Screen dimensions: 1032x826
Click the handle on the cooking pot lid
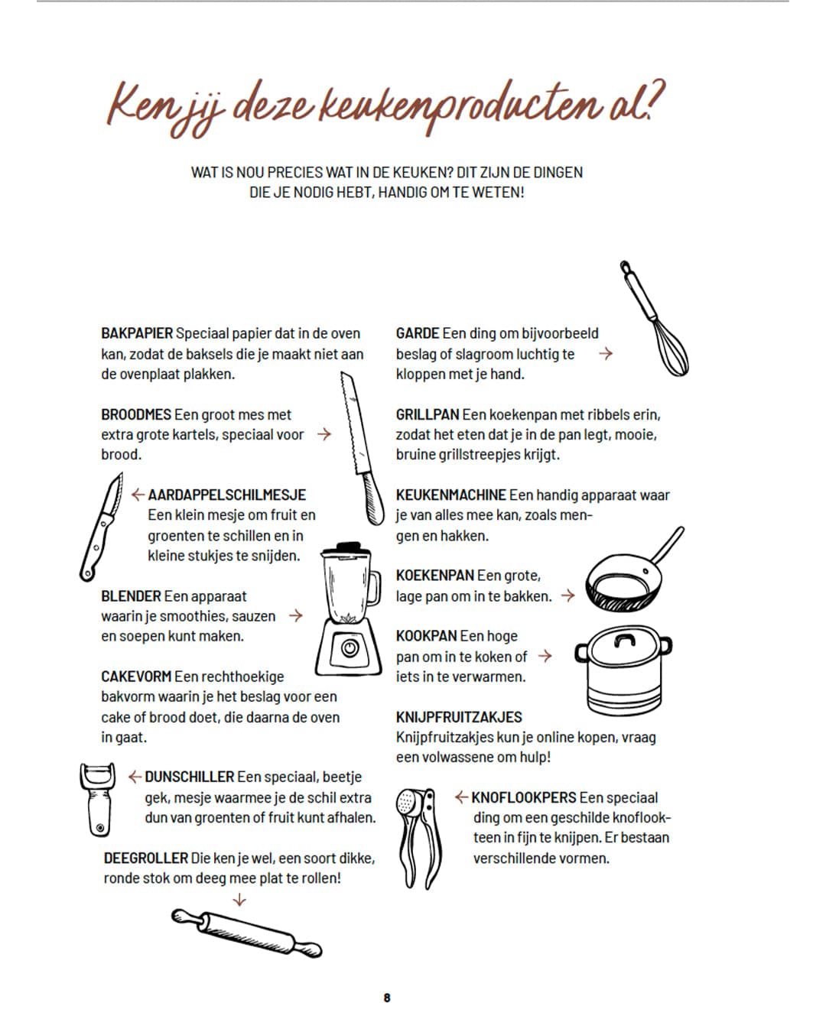pyautogui.click(x=625, y=641)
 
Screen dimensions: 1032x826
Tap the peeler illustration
pyautogui.click(x=98, y=799)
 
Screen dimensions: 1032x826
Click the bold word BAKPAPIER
pyautogui.click(x=137, y=333)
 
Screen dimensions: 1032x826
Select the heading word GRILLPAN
pyautogui.click(x=428, y=414)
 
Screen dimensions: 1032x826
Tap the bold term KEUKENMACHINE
pyautogui.click(x=450, y=495)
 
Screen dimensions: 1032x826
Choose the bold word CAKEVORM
pyautogui.click(x=136, y=677)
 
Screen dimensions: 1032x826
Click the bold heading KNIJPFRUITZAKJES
pyautogui.click(x=459, y=717)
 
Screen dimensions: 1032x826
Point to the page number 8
pyautogui.click(x=387, y=998)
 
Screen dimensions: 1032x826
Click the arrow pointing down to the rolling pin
pyautogui.click(x=239, y=900)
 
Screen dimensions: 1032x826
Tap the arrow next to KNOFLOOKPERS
pyautogui.click(x=461, y=797)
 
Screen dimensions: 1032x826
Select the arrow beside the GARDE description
pyautogui.click(x=606, y=353)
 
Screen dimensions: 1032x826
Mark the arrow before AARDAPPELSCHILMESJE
pyautogui.click(x=138, y=495)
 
